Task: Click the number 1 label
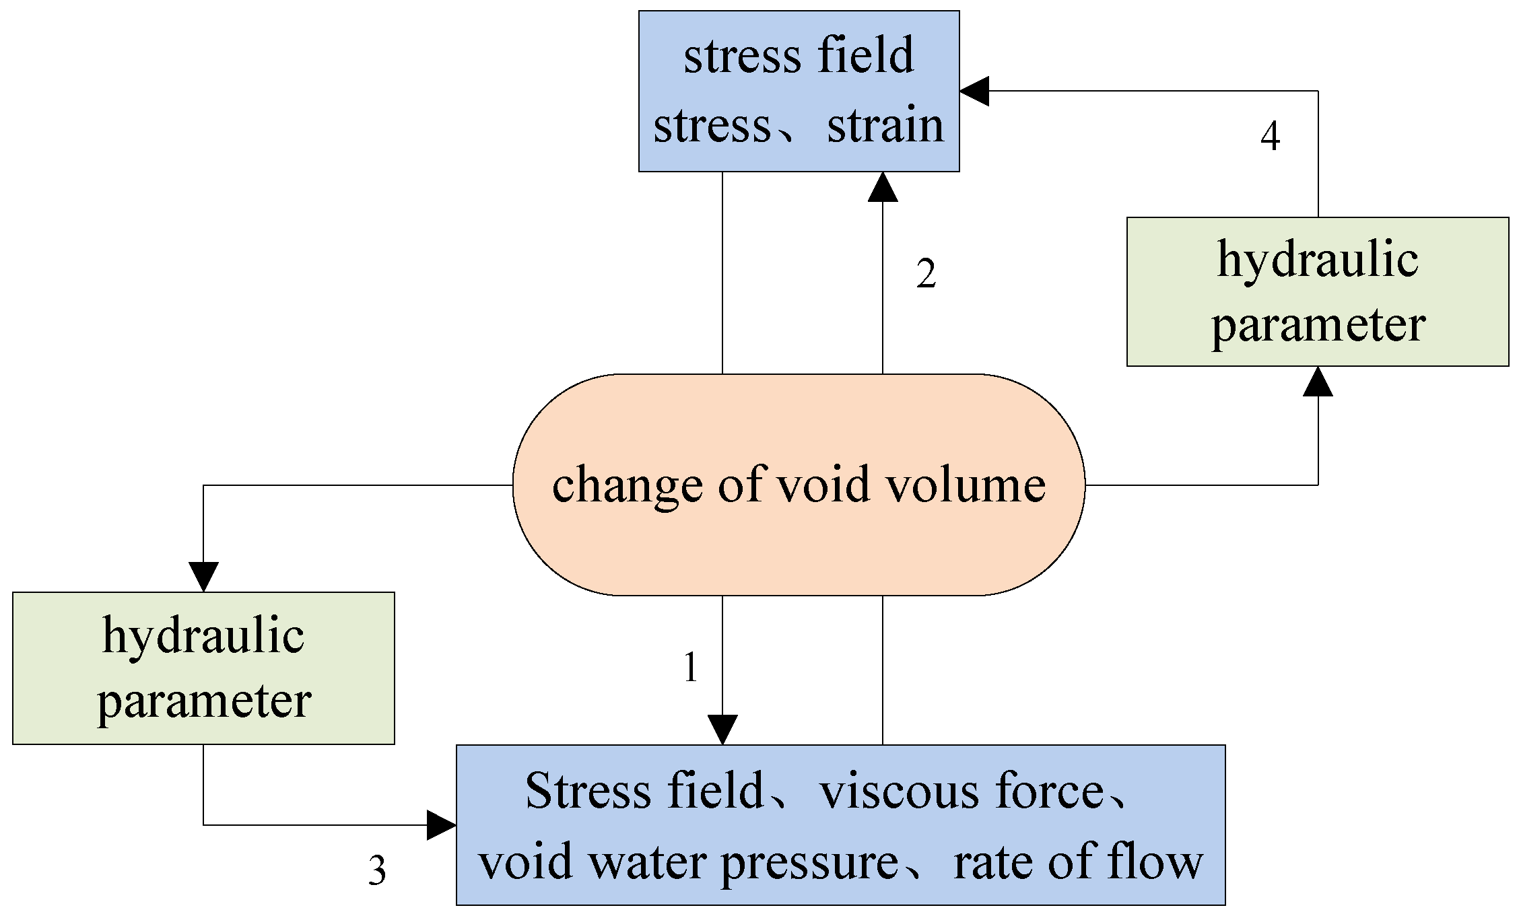click(x=691, y=668)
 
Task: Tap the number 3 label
click(x=377, y=870)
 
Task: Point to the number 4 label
click(x=1270, y=136)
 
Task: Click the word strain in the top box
click(x=885, y=126)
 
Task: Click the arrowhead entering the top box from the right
click(x=974, y=91)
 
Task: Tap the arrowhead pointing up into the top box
click(x=883, y=187)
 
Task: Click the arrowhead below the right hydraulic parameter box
click(x=1318, y=382)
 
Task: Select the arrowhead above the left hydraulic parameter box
click(x=203, y=576)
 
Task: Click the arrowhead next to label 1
click(x=722, y=730)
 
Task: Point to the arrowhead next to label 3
click(x=441, y=825)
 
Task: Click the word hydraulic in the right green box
click(x=1318, y=260)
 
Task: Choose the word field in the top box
click(x=866, y=55)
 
